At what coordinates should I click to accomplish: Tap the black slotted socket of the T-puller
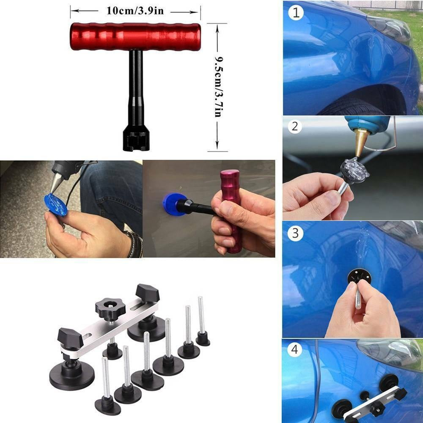coord(136,139)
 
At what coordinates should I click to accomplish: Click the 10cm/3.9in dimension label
coord(135,11)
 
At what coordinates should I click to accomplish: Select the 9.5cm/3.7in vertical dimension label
coord(218,87)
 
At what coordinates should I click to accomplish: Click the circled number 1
coord(296,13)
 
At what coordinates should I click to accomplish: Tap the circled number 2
coord(295,126)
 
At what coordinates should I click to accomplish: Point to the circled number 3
coord(295,233)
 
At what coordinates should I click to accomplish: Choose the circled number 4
coord(294,349)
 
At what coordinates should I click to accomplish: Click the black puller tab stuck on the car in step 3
coord(359,278)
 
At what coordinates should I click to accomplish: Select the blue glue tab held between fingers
coord(55,204)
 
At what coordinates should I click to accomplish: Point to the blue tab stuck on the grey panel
coord(174,204)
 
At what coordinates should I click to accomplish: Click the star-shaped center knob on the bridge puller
coord(110,308)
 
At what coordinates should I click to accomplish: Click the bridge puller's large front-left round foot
coord(72,375)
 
